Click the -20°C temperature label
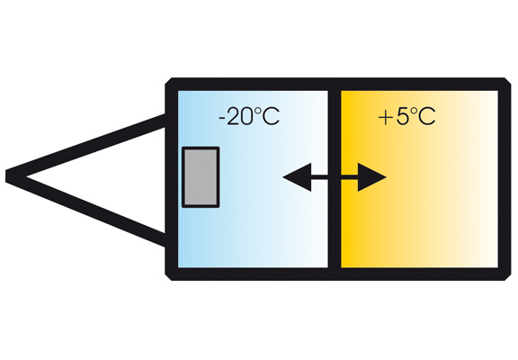[249, 116]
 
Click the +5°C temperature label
[406, 116]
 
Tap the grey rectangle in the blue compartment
[201, 177]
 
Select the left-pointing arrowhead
[297, 177]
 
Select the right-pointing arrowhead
[372, 177]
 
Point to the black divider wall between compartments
[335, 179]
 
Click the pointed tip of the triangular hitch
[6, 175]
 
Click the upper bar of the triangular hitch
[87, 146]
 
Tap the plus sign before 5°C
[385, 117]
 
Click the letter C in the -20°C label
[271, 117]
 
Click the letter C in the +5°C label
[427, 117]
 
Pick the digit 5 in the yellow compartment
[402, 117]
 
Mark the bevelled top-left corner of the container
[168, 81]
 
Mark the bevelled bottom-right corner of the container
[507, 277]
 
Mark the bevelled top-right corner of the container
[507, 81]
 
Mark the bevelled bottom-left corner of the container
[168, 277]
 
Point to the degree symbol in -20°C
[258, 111]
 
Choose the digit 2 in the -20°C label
[234, 117]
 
